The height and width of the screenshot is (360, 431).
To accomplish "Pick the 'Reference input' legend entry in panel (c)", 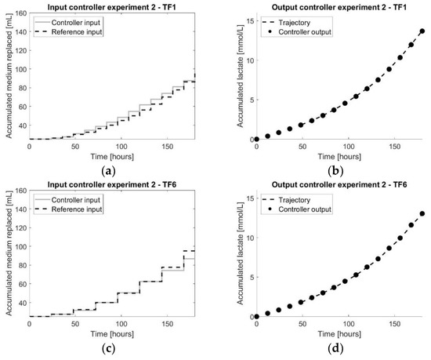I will [x=71, y=208].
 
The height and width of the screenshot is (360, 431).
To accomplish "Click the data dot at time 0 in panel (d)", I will [x=256, y=316].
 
